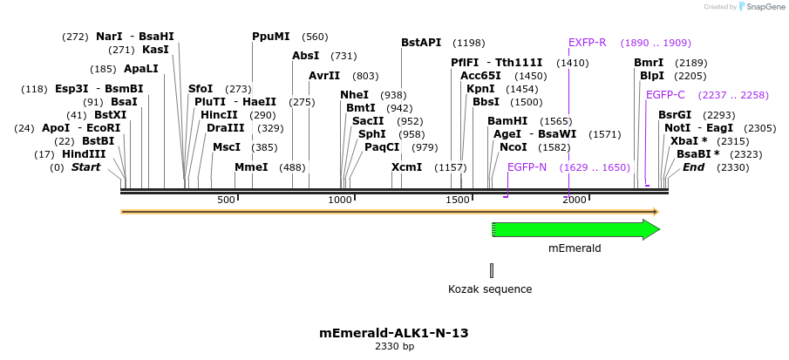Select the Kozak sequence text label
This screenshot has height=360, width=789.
(x=490, y=289)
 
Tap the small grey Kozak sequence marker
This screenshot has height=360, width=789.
(x=492, y=270)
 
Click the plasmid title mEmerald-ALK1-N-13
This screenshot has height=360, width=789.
(x=394, y=333)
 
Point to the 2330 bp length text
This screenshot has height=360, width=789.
(x=394, y=347)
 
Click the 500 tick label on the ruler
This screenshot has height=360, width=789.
(x=226, y=200)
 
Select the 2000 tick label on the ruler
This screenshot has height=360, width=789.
(x=574, y=200)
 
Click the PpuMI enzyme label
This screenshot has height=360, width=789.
(x=270, y=37)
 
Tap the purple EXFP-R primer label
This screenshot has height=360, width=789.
(x=587, y=43)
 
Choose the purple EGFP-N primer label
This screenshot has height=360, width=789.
(x=527, y=167)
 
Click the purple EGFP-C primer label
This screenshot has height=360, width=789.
(x=665, y=95)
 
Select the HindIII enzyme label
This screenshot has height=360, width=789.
(x=83, y=154)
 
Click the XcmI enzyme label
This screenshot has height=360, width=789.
(x=406, y=167)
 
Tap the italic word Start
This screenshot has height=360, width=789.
(x=85, y=167)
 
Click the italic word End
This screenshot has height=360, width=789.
(x=693, y=167)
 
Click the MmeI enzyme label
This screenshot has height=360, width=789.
(x=251, y=167)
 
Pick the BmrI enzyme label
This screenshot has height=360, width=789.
(x=649, y=63)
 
